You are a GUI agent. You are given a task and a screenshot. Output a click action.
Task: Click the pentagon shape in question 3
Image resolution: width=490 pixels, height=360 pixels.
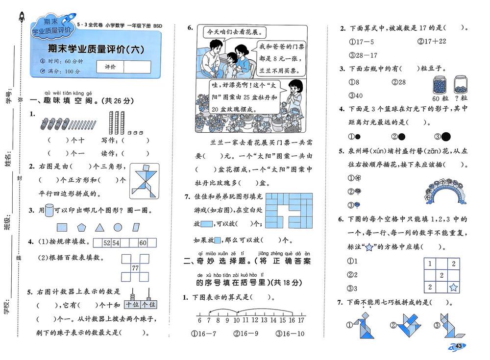(81, 227)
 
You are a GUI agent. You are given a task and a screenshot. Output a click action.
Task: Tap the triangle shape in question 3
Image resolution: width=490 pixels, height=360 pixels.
(99, 227)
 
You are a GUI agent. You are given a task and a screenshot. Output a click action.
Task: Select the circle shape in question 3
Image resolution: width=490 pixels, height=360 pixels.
(118, 227)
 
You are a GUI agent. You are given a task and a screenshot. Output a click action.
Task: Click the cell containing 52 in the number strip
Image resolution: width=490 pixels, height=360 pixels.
(107, 243)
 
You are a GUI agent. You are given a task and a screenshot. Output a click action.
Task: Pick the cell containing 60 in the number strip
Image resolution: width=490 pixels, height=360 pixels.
(143, 243)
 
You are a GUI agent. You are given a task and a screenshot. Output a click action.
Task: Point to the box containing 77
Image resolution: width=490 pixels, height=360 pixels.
(135, 268)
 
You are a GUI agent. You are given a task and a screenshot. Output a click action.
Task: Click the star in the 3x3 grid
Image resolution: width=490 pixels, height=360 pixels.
(453, 287)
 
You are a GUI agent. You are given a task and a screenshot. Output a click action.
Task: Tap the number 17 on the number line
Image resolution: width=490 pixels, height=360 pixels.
(301, 320)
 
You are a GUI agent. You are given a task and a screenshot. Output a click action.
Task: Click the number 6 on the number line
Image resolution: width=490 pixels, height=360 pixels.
(199, 320)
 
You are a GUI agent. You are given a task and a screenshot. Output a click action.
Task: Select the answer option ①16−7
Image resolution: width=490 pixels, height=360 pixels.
(203, 334)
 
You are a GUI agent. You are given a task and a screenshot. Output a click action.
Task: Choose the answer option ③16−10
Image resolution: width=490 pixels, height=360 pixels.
(290, 334)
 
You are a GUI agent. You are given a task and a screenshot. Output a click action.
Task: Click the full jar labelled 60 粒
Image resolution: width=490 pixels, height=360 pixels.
(440, 85)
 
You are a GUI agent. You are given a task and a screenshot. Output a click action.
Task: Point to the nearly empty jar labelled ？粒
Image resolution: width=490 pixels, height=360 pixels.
(461, 84)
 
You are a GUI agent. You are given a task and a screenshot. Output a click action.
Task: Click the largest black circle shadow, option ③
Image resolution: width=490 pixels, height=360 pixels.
(446, 137)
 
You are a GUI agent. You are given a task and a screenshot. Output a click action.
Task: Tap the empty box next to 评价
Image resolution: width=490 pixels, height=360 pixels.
(137, 67)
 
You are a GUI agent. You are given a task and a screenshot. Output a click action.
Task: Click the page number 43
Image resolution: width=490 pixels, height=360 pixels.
(459, 346)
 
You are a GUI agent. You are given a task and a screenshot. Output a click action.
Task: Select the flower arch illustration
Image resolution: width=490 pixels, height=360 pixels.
(445, 191)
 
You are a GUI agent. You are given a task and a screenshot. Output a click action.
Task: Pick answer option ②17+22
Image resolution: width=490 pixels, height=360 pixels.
(432, 41)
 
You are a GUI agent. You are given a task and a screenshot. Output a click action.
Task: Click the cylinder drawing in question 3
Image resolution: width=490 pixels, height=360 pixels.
(49, 210)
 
